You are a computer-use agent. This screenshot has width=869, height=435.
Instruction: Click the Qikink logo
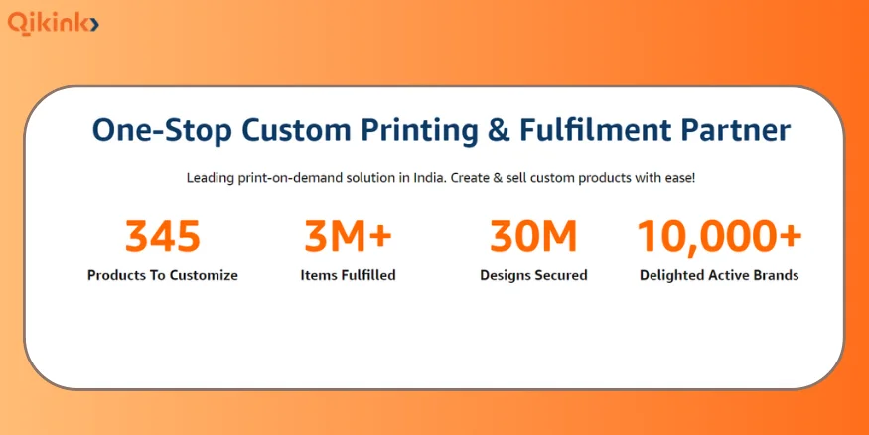point(54,23)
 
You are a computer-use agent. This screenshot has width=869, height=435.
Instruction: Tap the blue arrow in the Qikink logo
point(94,25)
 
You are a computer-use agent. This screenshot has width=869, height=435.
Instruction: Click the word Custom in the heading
point(296,131)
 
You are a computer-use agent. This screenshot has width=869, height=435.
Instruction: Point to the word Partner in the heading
point(736,131)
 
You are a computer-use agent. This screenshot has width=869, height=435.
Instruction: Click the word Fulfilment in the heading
point(596,131)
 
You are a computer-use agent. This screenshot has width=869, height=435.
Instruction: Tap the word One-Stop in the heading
point(162,132)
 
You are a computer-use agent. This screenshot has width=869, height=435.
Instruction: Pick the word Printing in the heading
point(419,132)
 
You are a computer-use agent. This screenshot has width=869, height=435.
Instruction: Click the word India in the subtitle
point(428,179)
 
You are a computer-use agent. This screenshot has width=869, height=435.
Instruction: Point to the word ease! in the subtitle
point(679,179)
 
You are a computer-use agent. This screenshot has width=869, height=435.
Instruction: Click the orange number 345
point(163,236)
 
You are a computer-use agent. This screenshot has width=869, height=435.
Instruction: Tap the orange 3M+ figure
point(348,236)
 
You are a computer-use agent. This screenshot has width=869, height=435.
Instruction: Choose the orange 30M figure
point(533,236)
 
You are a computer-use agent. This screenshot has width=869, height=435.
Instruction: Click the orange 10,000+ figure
point(719,237)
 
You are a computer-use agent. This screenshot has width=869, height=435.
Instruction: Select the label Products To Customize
point(163,275)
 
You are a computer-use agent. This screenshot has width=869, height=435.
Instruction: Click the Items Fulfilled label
point(348,275)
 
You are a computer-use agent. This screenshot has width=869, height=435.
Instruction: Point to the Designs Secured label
point(533,275)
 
